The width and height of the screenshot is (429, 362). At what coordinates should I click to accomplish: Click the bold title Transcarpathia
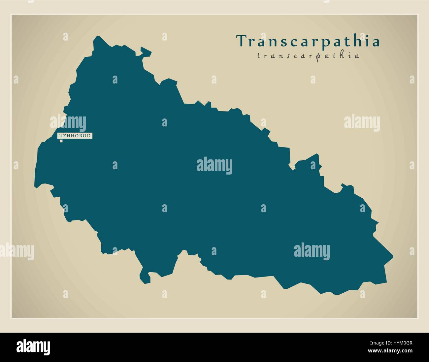pyautogui.click(x=308, y=41)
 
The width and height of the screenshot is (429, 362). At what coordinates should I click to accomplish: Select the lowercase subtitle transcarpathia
pyautogui.click(x=308, y=56)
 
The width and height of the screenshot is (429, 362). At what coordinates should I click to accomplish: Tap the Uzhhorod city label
pyautogui.click(x=75, y=136)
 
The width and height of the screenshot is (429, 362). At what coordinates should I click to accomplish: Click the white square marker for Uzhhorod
pyautogui.click(x=61, y=141)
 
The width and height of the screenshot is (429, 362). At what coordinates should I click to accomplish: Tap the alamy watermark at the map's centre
pyautogui.click(x=214, y=165)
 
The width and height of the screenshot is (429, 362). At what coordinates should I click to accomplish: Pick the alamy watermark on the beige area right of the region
pyautogui.click(x=362, y=123)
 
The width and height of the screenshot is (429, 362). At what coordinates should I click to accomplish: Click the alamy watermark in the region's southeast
pyautogui.click(x=312, y=251)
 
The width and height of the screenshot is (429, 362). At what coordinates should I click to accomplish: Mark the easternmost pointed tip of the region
pyautogui.click(x=392, y=256)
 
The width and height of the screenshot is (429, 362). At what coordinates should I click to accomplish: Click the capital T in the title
pyautogui.click(x=241, y=41)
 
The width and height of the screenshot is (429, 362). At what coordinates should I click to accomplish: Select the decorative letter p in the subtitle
pyautogui.click(x=318, y=57)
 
